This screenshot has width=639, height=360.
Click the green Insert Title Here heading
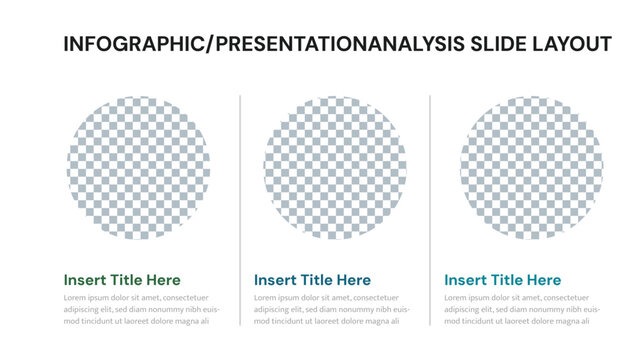122,280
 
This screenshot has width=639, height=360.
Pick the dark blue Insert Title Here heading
312,280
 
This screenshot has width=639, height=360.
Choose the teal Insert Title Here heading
503,280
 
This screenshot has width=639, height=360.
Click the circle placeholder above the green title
139,167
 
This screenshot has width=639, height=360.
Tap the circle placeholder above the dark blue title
335,167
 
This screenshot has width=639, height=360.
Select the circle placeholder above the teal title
531,167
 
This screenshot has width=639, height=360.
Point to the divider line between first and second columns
240,210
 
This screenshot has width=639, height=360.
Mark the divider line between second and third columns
430,210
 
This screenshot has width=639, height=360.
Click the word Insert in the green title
83,280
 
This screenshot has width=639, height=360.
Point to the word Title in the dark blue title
315,280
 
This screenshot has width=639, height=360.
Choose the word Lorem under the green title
75,298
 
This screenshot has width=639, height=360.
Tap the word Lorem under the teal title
456,298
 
